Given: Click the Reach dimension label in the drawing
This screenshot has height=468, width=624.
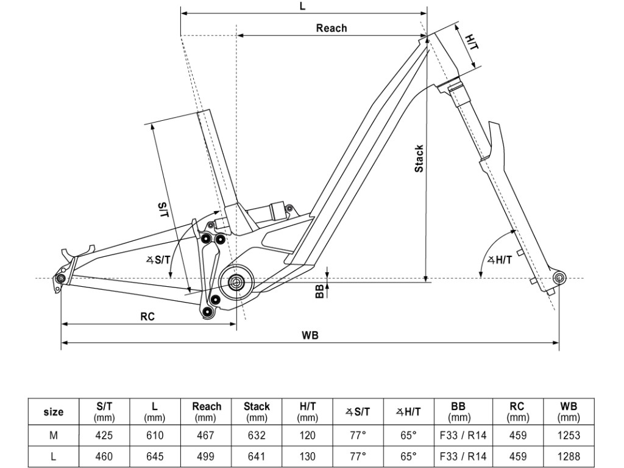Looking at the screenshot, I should click(x=331, y=28).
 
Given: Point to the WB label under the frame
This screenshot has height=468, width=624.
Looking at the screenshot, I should click(x=310, y=335).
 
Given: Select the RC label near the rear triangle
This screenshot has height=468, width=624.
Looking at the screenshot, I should click(x=147, y=317).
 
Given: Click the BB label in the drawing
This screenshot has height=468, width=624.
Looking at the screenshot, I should click(x=319, y=292).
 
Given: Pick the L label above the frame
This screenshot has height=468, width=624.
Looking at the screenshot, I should click(x=303, y=6).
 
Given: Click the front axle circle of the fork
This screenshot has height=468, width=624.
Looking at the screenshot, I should click(x=559, y=278).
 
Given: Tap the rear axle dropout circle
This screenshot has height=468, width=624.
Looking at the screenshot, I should click(x=60, y=279).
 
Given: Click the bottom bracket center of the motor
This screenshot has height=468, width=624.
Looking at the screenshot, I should click(x=236, y=281).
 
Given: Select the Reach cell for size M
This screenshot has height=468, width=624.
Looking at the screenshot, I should click(x=207, y=436).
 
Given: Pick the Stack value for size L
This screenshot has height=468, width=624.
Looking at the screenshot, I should click(x=257, y=456).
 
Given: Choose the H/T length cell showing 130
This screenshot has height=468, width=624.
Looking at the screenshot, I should click(x=308, y=456).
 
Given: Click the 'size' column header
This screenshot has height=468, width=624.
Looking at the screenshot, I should click(x=54, y=412).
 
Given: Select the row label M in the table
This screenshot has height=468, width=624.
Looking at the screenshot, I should click(x=54, y=436).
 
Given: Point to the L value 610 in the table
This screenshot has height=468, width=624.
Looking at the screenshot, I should click(x=155, y=436).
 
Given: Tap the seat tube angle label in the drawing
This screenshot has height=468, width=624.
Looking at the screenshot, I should click(x=158, y=260).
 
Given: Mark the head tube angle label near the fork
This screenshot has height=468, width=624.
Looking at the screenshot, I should click(x=500, y=259).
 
